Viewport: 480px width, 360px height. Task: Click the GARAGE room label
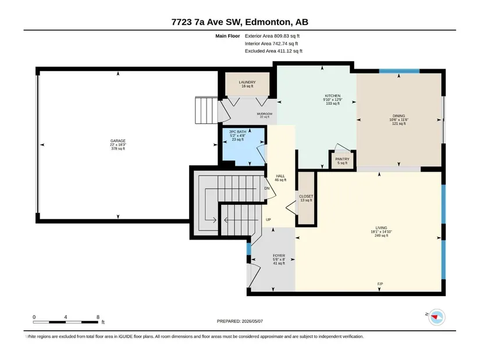[x=118, y=141]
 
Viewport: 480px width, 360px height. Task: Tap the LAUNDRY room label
[x=247, y=83]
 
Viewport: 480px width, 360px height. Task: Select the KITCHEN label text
[x=332, y=96]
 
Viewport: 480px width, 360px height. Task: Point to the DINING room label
[x=399, y=116]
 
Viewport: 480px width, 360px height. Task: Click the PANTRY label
[x=342, y=159]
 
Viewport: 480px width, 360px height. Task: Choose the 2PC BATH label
[x=237, y=132]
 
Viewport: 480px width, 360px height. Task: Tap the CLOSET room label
[x=306, y=197]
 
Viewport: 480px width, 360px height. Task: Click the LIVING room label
[x=381, y=228]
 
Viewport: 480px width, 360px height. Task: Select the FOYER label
[x=279, y=256]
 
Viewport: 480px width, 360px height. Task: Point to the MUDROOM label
[x=265, y=114]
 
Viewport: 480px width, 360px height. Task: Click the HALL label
[x=280, y=176]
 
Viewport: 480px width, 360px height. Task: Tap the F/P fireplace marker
[x=380, y=284]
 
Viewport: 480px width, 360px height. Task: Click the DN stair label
[x=267, y=188]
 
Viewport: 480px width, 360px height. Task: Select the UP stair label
[x=268, y=220]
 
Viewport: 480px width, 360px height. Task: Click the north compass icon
[x=437, y=317]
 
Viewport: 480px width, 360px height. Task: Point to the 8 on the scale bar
[x=98, y=317]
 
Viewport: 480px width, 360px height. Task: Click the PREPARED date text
[x=240, y=321]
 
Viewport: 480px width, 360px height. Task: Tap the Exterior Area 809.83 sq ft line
[x=272, y=36]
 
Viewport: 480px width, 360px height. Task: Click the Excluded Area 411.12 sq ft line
[x=273, y=51]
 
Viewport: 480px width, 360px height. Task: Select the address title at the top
[x=240, y=22]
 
